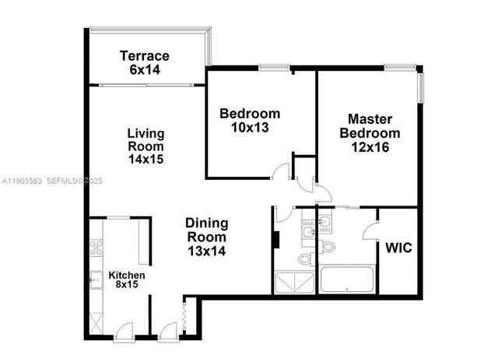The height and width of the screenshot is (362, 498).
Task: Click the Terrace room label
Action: click(144, 56)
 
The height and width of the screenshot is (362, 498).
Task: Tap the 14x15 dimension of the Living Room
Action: click(146, 159)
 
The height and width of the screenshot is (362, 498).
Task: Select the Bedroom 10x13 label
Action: click(249, 120)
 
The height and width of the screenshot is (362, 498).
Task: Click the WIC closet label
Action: click(398, 248)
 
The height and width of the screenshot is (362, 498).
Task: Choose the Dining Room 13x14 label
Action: click(206, 237)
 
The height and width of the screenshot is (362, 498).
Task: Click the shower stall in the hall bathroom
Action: click(294, 283)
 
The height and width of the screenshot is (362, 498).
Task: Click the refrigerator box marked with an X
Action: click(96, 321)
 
